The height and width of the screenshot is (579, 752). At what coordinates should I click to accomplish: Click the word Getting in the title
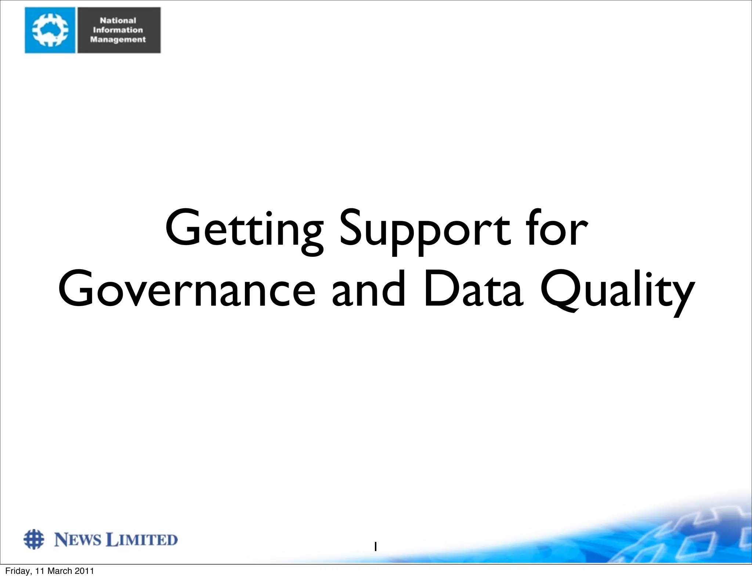[x=244, y=229]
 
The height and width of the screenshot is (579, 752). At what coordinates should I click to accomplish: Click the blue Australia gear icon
[x=50, y=30]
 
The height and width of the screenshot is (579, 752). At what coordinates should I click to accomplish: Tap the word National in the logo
[x=118, y=21]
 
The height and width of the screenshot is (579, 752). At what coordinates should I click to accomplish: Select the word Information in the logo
[x=118, y=30]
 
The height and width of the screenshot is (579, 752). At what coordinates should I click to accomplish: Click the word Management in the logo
[x=118, y=40]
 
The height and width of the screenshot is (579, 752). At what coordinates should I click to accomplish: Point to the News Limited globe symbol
[x=34, y=539]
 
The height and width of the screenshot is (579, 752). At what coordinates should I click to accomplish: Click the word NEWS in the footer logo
[x=77, y=540]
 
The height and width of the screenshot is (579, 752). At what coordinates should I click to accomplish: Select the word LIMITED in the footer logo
[x=141, y=540]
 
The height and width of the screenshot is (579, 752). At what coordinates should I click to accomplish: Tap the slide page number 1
[x=375, y=547]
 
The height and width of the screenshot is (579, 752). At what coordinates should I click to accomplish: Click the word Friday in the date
[x=16, y=571]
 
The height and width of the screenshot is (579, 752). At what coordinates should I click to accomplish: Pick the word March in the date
[x=60, y=571]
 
